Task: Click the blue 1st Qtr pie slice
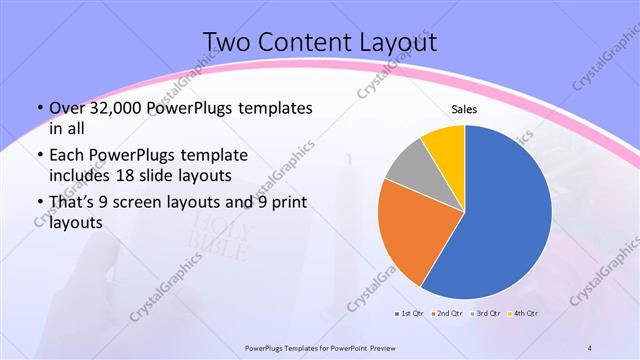pyautogui.click(x=505, y=215)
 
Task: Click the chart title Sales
pyautogui.click(x=464, y=109)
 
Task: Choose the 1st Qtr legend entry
pyautogui.click(x=410, y=314)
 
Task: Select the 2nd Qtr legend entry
pyautogui.click(x=445, y=314)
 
